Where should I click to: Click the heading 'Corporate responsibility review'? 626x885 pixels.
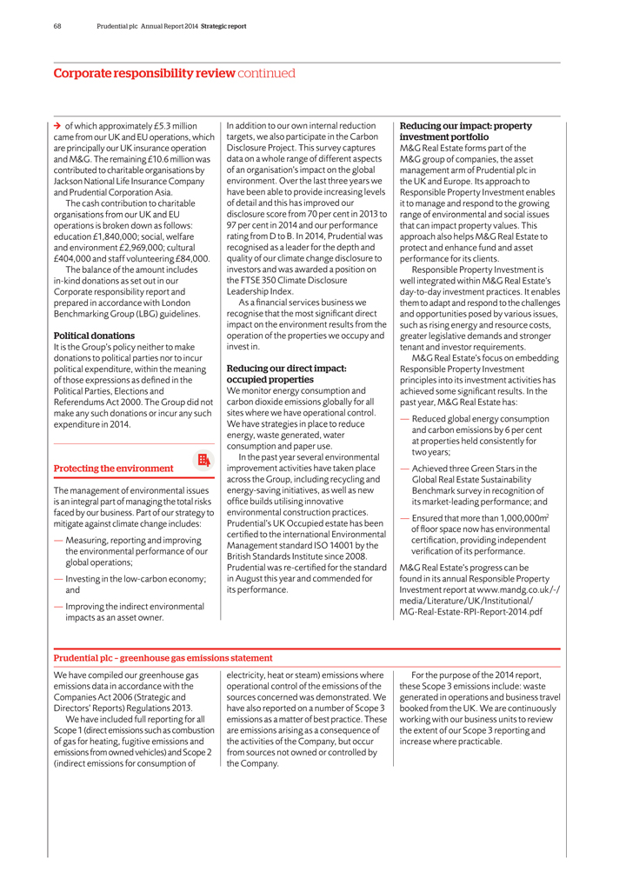(x=143, y=73)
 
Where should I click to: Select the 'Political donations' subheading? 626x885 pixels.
(x=94, y=336)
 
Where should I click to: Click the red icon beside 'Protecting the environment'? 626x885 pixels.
(x=203, y=460)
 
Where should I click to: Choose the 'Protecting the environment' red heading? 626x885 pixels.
(x=113, y=469)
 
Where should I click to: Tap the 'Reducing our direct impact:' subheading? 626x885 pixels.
(x=286, y=369)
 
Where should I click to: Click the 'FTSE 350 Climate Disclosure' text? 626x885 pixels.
(x=290, y=281)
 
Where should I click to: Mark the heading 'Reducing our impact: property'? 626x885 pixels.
(x=465, y=126)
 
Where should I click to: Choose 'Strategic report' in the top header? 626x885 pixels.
(x=223, y=26)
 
